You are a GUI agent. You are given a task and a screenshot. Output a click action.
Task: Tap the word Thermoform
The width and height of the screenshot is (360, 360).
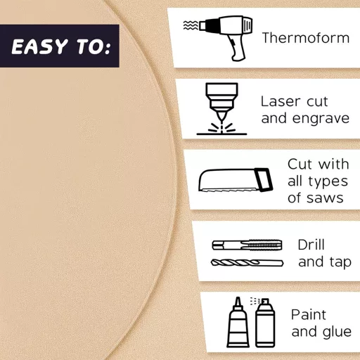[x=305, y=37]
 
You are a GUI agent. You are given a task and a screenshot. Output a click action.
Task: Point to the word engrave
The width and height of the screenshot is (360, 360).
[x=322, y=118]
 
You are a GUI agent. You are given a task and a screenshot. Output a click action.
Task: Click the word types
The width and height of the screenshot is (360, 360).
[x=330, y=181]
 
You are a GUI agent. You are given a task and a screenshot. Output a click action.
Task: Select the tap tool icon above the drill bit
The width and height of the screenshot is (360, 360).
[x=247, y=245]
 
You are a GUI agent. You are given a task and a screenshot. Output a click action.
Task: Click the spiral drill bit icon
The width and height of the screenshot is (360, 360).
[x=247, y=263]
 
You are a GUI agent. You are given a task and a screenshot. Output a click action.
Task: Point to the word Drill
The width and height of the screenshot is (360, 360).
[x=311, y=245]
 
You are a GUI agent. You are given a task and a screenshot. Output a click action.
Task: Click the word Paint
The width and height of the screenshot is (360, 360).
[x=309, y=314]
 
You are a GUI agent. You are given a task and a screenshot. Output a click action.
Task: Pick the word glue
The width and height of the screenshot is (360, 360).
[x=337, y=332]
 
